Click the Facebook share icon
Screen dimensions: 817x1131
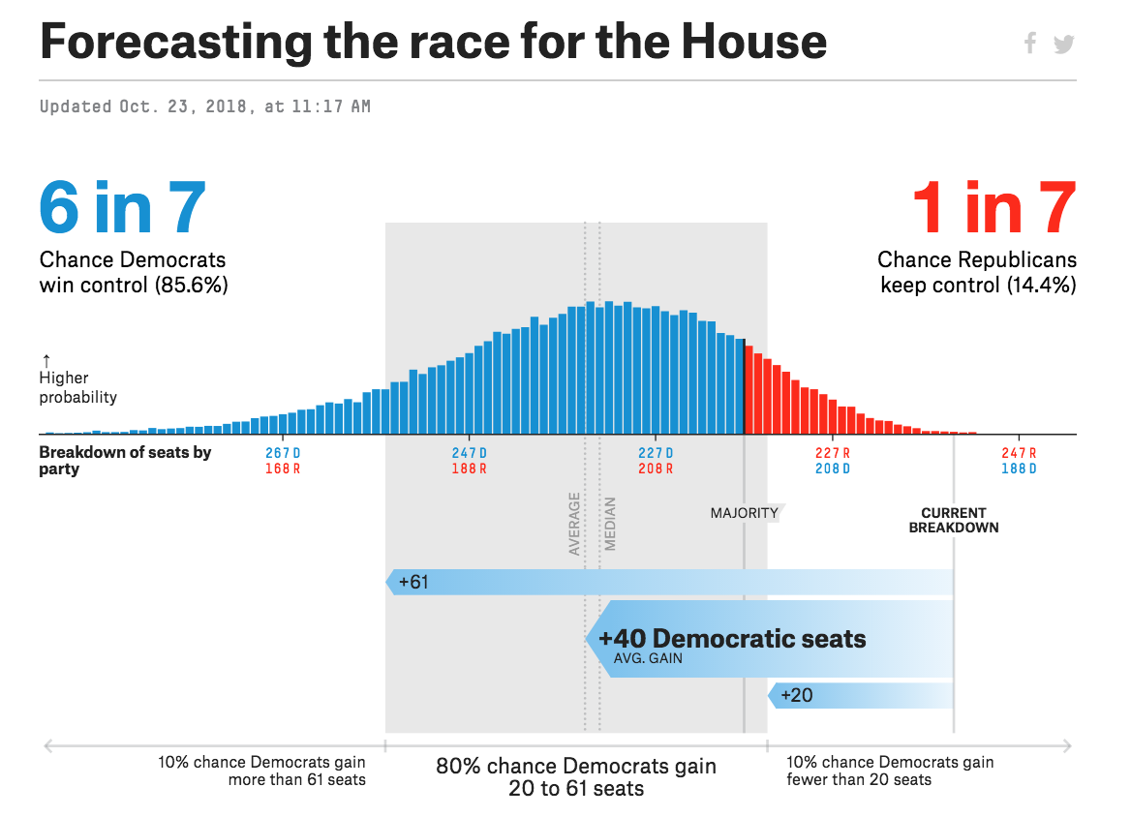(1030, 43)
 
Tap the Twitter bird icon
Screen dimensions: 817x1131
(1064, 44)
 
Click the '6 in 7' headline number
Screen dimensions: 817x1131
(122, 208)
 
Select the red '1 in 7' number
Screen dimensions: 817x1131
(993, 208)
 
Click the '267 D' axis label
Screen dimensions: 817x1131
(283, 453)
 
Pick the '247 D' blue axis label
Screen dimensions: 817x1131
(469, 453)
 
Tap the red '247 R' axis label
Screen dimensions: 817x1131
(1019, 453)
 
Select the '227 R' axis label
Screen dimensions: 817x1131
(833, 453)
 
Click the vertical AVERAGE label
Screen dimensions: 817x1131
(574, 524)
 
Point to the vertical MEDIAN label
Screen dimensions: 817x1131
(610, 524)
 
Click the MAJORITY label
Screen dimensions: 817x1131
(744, 513)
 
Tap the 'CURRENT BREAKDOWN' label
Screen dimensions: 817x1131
(954, 521)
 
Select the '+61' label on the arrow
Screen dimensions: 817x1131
(413, 582)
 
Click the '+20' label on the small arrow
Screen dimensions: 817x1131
(796, 695)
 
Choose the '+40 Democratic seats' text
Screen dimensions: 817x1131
(732, 639)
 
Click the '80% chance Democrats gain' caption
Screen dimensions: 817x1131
(576, 767)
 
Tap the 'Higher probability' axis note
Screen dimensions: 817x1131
(77, 387)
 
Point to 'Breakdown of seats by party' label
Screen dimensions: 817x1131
(125, 460)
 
